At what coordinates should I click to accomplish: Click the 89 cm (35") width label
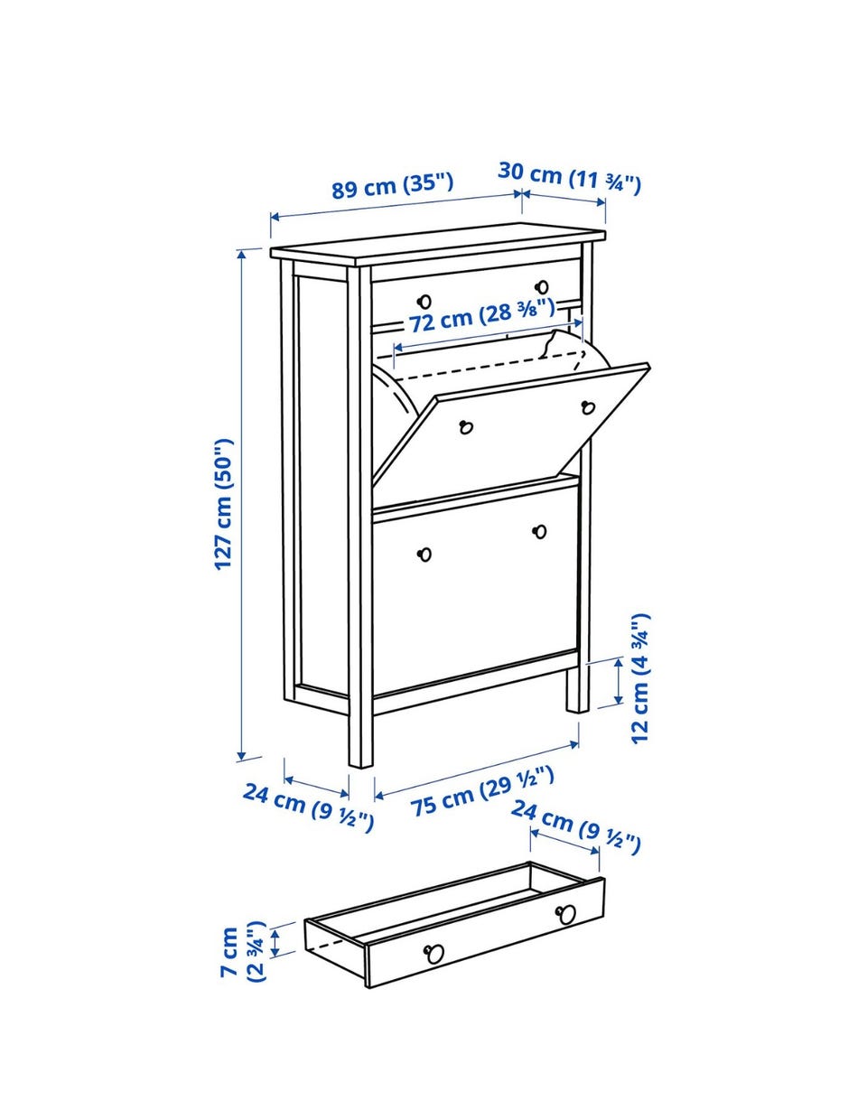coord(393,185)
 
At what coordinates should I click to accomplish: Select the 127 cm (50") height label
coord(223,504)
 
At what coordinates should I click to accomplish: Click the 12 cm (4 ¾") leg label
coord(639,679)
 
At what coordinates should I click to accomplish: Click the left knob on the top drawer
coord(424,302)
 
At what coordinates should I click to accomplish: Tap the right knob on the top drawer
coord(542,286)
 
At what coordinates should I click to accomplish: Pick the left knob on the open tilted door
coord(466,426)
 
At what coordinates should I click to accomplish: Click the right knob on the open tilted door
coord(588,407)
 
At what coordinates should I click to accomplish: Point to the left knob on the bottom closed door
coord(424,555)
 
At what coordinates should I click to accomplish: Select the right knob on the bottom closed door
coord(539,532)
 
